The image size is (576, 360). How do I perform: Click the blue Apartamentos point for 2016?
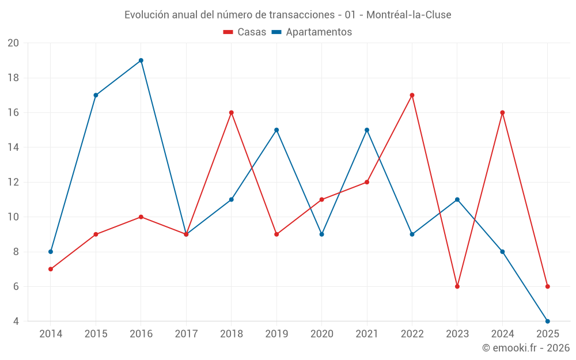point(141,60)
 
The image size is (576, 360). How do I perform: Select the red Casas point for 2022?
point(412,95)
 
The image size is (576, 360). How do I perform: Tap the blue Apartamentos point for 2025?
point(547,321)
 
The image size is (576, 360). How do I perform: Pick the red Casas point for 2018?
point(231,113)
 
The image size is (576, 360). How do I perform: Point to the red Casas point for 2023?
point(457,286)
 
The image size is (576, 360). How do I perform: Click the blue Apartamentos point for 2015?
point(96,95)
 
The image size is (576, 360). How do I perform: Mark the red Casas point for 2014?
point(51,269)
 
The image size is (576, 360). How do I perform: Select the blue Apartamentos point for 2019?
point(276,130)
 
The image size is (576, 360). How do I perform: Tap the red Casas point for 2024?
point(502,113)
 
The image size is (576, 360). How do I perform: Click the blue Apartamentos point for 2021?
point(367,130)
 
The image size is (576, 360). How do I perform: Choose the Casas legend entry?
point(245,32)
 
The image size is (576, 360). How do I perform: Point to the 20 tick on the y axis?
point(13,43)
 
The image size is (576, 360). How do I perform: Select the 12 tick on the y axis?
point(13,182)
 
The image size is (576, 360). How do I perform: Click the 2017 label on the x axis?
point(186,334)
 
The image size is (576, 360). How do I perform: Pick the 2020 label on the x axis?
point(321,334)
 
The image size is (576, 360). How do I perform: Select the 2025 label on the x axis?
point(547,334)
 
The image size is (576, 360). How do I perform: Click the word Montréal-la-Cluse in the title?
point(409,14)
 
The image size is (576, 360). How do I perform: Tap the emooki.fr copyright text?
point(526,348)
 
